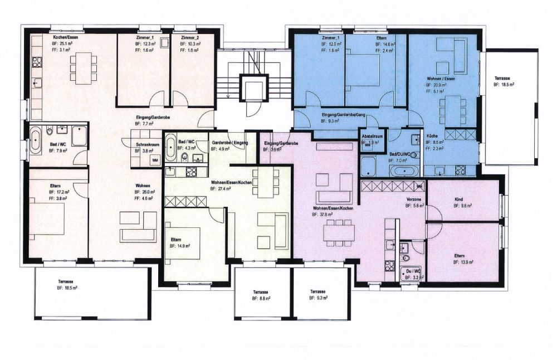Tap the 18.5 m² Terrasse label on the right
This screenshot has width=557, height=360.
(x=503, y=78)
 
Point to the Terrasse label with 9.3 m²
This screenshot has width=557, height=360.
(x=317, y=291)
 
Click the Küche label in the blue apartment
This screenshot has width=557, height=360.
(x=432, y=136)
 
